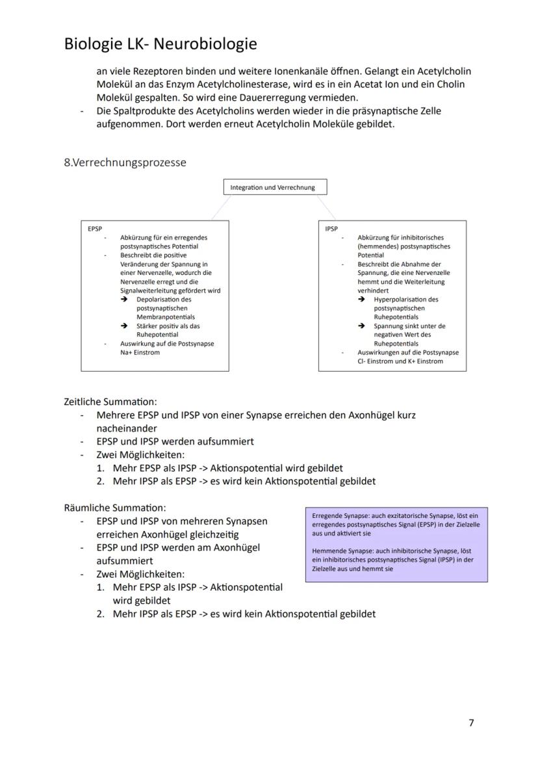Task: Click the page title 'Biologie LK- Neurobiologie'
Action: (160, 44)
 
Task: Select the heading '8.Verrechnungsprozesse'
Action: (125, 162)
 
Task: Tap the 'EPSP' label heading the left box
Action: (95, 229)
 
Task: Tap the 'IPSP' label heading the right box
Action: (331, 229)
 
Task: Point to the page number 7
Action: (471, 723)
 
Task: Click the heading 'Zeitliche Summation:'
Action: (110, 402)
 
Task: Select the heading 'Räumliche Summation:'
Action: (115, 508)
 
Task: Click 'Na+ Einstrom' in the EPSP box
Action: (140, 352)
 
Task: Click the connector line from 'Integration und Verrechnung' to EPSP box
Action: (221, 207)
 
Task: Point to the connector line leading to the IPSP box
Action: (326, 207)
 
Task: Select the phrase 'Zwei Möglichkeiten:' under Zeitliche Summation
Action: (140, 455)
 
